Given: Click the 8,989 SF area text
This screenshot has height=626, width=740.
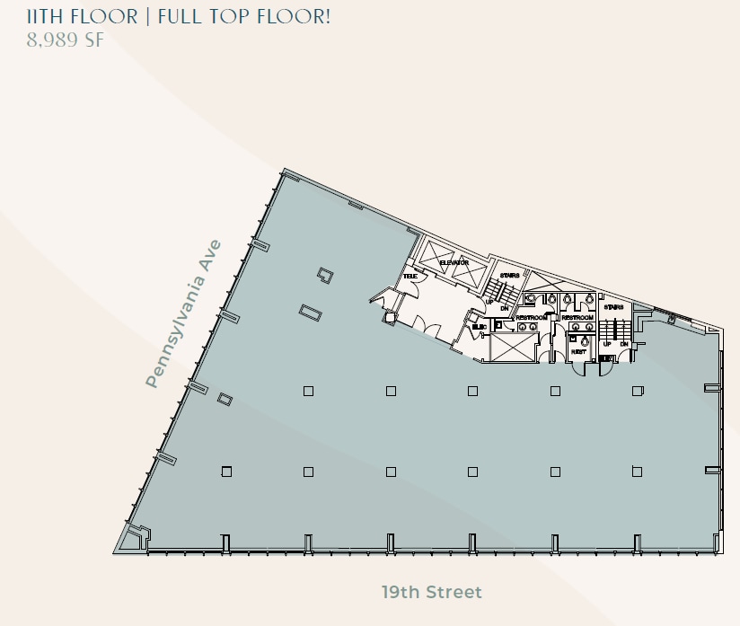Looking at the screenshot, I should pos(66,41).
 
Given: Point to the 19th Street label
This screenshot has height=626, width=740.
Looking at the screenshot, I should pos(431,592).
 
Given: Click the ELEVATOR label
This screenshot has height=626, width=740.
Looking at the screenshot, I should pos(454,262).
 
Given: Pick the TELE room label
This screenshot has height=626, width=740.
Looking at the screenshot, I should pos(410,277).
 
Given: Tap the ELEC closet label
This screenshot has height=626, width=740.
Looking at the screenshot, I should pos(479,326).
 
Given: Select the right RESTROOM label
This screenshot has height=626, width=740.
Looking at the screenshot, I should pos(577,317).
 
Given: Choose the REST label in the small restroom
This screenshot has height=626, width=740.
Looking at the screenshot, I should pos(579,352).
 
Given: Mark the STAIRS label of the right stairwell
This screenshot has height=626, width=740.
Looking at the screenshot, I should pos(614,307).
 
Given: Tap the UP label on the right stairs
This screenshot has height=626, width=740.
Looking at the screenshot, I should pos(607,344).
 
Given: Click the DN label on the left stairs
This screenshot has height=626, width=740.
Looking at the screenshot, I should pos(505,307).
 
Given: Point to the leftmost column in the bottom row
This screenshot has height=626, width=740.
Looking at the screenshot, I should pos(226,472).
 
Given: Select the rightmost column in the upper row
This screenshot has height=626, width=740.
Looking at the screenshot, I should pos(637,391).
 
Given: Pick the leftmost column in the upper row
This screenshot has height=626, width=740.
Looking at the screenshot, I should pos(308,391).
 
